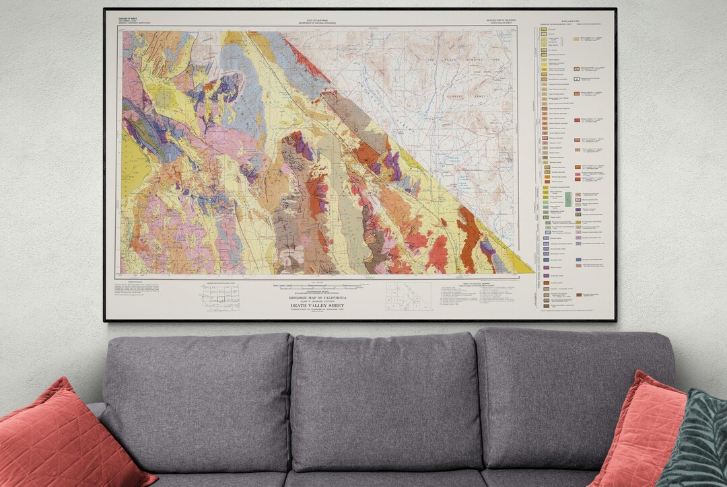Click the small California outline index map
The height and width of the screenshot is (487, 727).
(x=409, y=296)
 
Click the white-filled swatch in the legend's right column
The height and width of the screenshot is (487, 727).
(x=577, y=79)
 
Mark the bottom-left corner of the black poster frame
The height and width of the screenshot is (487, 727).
(x=104, y=320)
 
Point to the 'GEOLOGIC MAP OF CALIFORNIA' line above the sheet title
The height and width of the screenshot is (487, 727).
(x=318, y=297)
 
